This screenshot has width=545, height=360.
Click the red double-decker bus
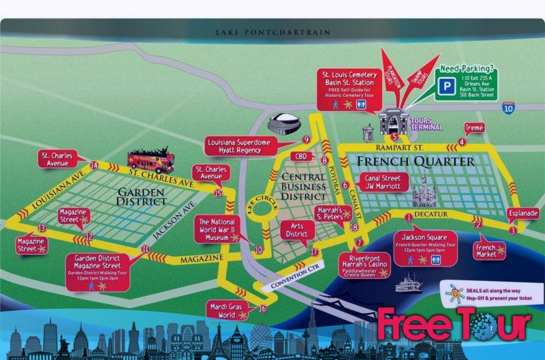(x=151, y=161)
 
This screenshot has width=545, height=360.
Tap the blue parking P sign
(x=447, y=87)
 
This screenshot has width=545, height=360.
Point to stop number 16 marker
(x=262, y=308)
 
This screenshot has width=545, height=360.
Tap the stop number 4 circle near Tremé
(x=463, y=142)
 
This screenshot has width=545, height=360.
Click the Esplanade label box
(x=523, y=213)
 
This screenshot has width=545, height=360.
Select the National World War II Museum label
(x=217, y=230)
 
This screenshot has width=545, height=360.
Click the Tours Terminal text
(x=431, y=123)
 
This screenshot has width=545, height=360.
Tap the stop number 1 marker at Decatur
(x=409, y=217)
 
